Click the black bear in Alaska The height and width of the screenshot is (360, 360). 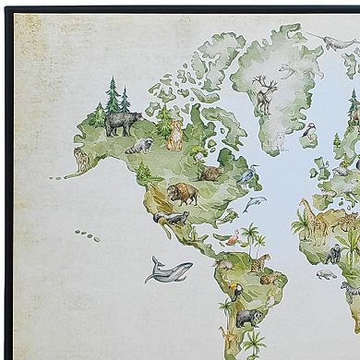[x=123, y=123]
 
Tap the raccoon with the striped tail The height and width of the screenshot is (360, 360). [x=140, y=146]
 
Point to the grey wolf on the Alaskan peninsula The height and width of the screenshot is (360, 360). [x=82, y=162]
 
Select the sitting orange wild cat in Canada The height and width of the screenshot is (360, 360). [x=174, y=137]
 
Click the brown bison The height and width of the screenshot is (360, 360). [x=182, y=194]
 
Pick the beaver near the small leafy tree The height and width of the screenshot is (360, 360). [x=211, y=173]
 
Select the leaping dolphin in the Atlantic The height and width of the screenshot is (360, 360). [x=254, y=203]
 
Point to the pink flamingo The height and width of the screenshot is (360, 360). [x=234, y=238]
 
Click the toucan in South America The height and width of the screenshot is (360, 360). [x=237, y=294]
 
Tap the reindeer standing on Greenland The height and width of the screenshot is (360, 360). [x=266, y=95]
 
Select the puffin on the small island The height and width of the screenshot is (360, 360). [x=311, y=134]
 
